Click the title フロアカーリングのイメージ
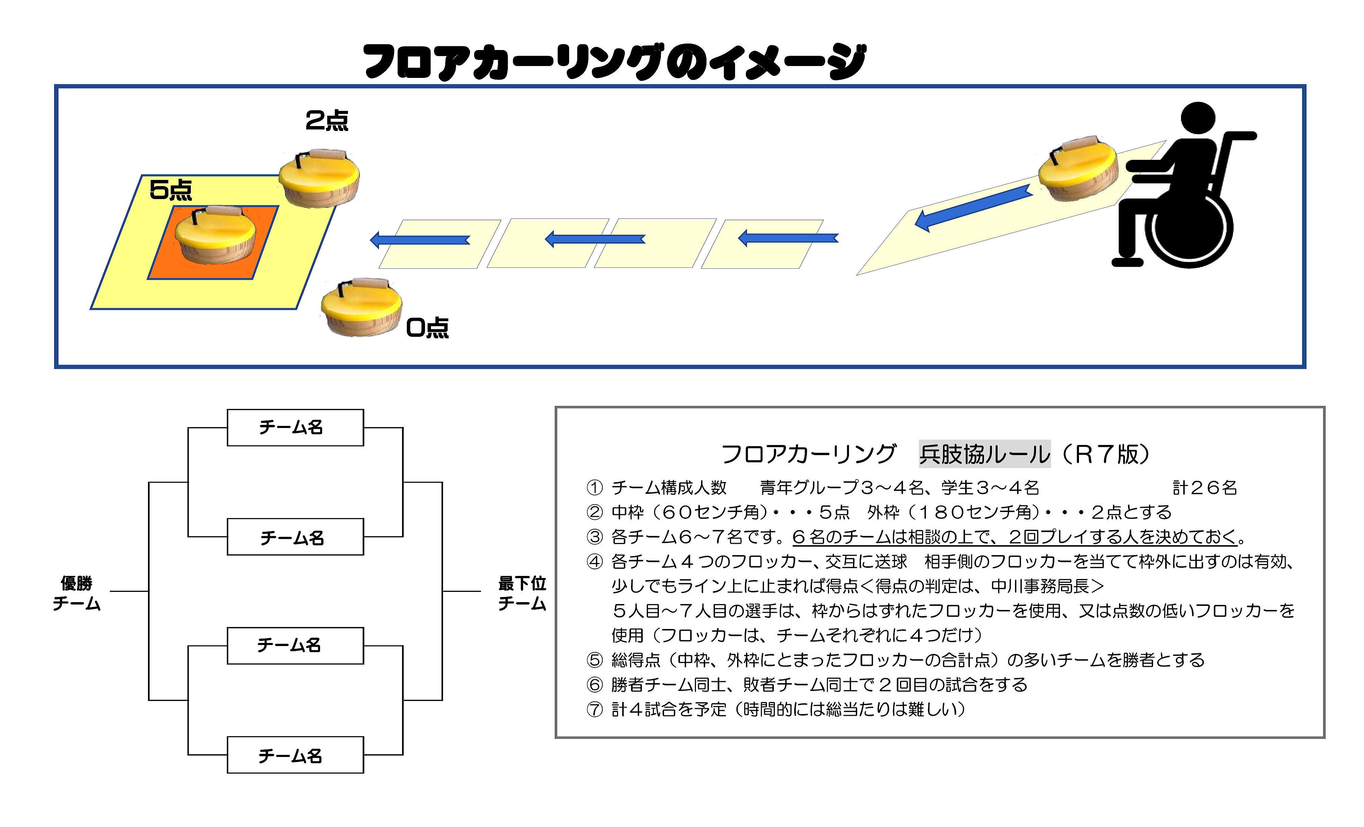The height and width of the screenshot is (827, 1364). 614,62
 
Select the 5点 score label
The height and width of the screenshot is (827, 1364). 170,190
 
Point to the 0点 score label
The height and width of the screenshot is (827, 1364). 427,328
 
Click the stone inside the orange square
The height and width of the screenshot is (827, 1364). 216,235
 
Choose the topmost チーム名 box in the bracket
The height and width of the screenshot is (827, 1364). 295,427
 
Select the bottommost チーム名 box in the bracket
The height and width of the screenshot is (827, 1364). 295,755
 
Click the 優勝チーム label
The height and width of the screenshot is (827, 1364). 77,593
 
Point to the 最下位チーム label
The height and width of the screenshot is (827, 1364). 522,593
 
